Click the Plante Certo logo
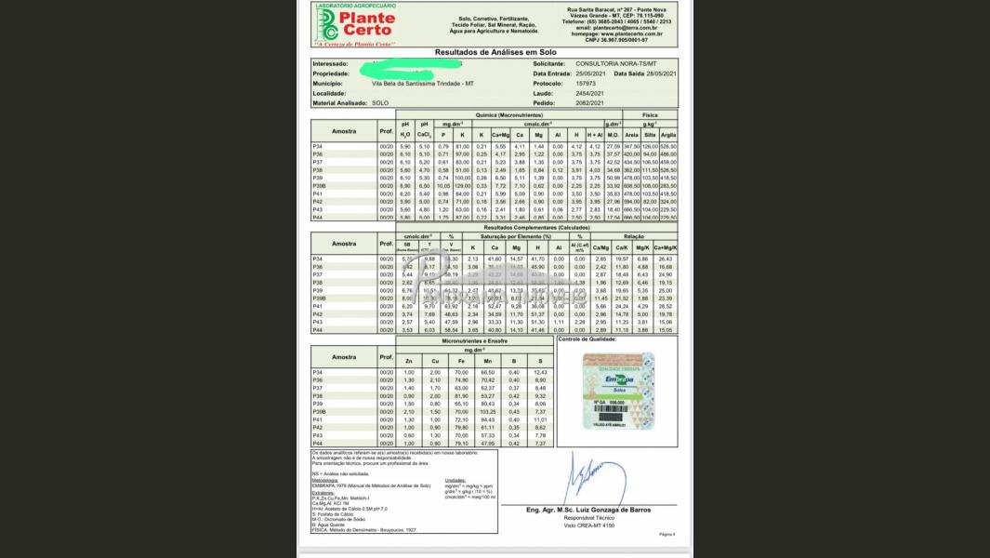tap(357, 24)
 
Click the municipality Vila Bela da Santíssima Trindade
tap(423, 83)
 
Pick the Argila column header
tap(667, 135)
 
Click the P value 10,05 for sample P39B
tap(442, 185)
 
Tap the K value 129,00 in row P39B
tap(462, 185)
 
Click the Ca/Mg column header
tap(601, 248)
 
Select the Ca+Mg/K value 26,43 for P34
tap(666, 259)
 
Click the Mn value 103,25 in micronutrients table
tap(486, 411)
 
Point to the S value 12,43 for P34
tap(541, 372)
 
